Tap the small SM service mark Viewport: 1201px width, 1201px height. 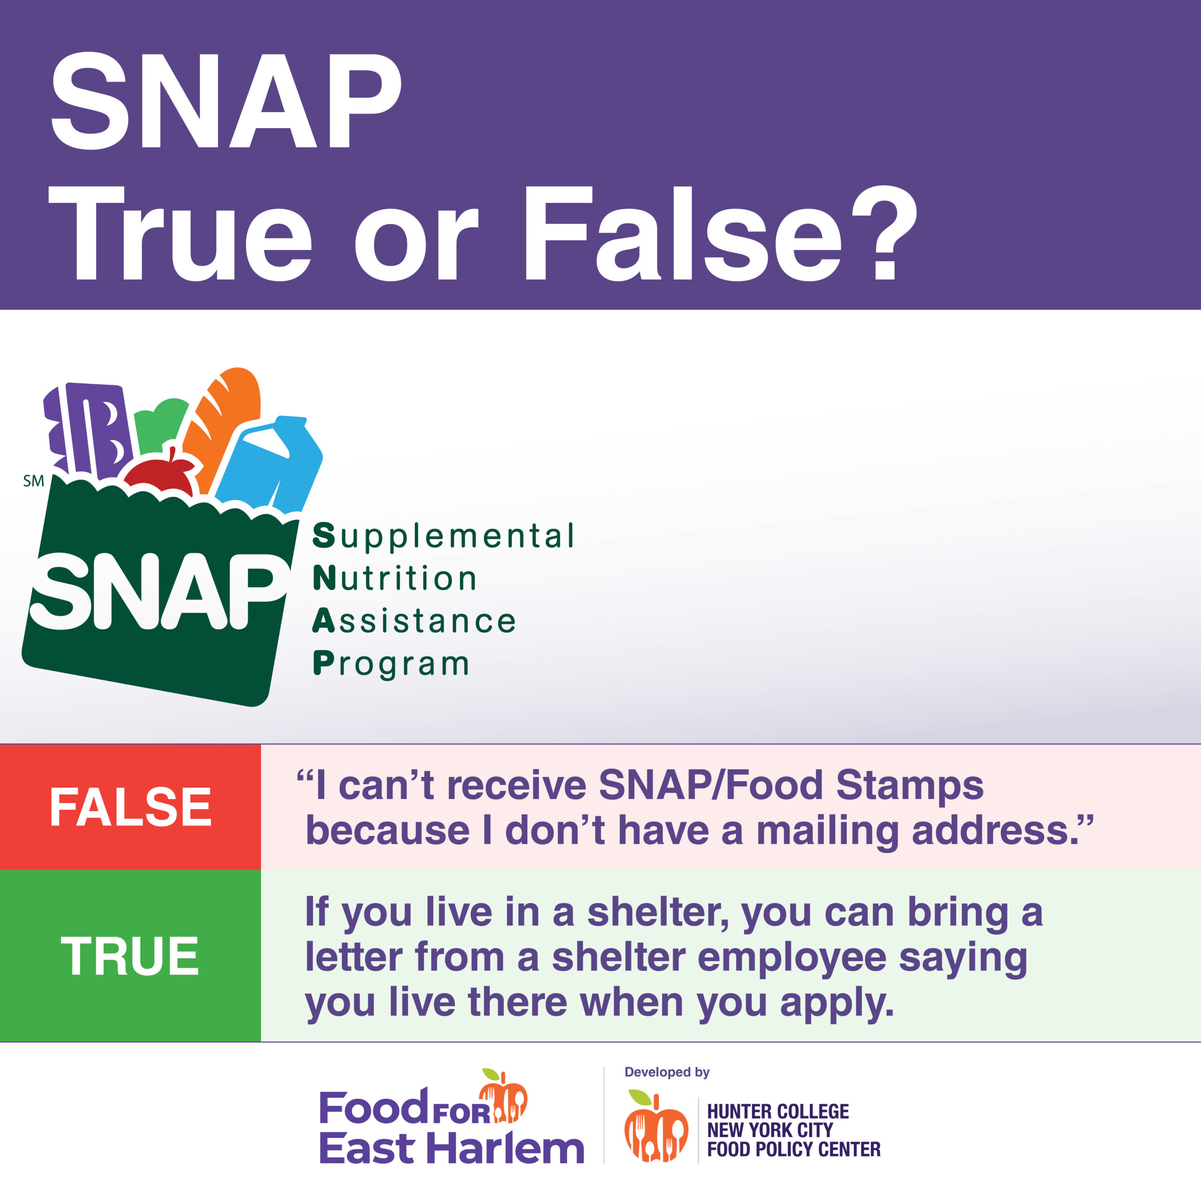[x=34, y=481]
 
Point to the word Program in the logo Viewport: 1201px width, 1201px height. [x=390, y=664]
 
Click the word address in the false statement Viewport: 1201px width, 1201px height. [x=995, y=830]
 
